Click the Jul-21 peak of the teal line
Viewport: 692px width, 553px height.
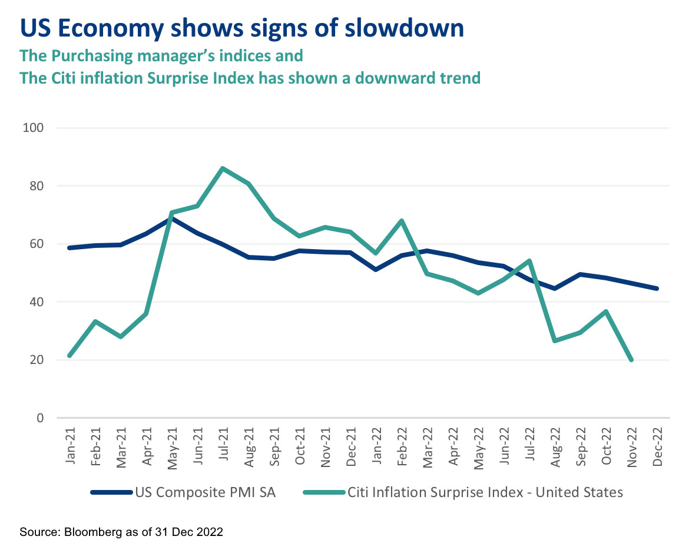tap(222, 168)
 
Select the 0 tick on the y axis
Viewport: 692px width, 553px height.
tap(40, 418)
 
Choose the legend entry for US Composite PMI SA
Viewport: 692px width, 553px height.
tap(183, 492)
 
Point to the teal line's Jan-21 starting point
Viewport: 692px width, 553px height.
tap(71, 356)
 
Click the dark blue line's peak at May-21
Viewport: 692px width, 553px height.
tap(171, 218)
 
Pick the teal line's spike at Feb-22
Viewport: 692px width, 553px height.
tap(401, 221)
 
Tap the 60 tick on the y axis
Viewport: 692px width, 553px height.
tap(37, 244)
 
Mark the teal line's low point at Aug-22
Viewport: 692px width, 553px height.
tap(555, 340)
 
